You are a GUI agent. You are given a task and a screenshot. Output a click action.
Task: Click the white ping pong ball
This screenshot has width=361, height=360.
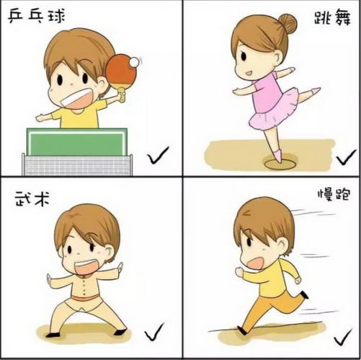coord(134,62)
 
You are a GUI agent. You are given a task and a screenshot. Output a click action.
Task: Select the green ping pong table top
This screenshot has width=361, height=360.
coord(77,142)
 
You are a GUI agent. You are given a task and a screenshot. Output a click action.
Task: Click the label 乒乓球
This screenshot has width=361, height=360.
coord(37,17)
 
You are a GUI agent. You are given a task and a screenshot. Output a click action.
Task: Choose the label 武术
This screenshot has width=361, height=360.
coord(32,198)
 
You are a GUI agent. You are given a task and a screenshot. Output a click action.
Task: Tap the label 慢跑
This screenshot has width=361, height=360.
coord(334,195)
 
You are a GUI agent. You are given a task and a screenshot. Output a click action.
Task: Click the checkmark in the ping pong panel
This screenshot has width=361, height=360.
coord(158,155)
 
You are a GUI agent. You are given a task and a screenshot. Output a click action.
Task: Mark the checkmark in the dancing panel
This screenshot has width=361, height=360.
coord(346,157)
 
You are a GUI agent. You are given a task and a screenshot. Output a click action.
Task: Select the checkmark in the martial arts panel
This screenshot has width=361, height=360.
coord(154,332)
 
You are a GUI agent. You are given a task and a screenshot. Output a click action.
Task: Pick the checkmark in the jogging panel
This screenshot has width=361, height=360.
coord(343,337)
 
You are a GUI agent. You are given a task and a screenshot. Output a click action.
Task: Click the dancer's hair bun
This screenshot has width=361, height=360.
coord(288,23)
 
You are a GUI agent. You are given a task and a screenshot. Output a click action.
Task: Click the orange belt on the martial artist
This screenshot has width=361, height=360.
coord(85,297)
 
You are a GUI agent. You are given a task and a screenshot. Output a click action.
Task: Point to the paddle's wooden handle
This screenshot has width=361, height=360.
coord(122,94)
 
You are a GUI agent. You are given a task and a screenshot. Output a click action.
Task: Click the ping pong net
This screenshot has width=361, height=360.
coord(77,164)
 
